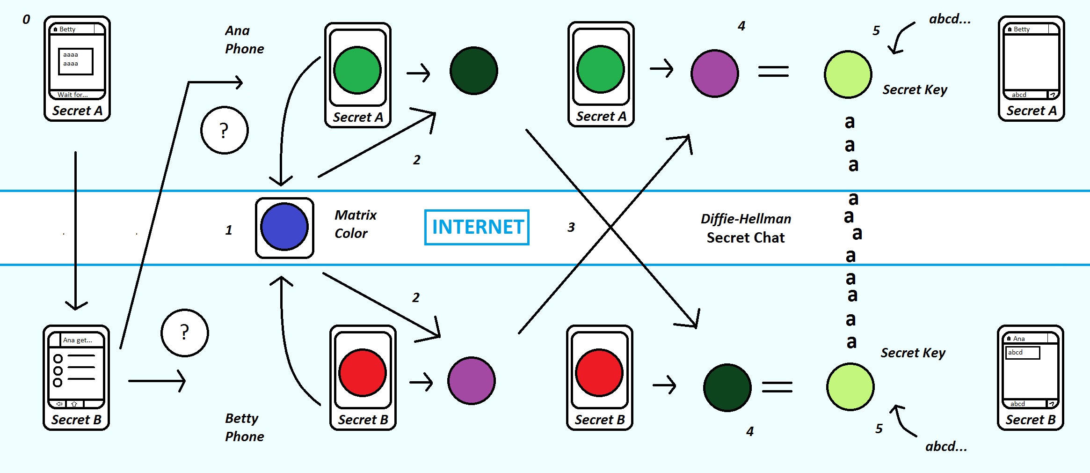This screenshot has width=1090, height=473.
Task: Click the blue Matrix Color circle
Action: pos(284,227)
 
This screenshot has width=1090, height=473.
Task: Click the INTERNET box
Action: pos(477,227)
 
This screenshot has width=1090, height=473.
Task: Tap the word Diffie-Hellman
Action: pos(746,219)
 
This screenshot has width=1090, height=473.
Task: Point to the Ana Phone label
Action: pos(244,40)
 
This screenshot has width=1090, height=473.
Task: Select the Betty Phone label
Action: pos(244,427)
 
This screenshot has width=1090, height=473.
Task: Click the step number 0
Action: pos(26,20)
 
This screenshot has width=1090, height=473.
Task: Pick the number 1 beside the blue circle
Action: pos(229,230)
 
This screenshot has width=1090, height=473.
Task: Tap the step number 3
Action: pos(571,227)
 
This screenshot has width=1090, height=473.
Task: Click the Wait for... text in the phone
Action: pos(73,95)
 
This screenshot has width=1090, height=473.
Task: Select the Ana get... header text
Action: pos(78,340)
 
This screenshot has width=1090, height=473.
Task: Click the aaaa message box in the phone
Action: pos(75,61)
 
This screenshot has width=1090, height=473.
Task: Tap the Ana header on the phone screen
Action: pos(1019,338)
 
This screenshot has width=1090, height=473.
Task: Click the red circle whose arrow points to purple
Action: pos(363,372)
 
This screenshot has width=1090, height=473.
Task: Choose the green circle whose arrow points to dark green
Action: pos(358,70)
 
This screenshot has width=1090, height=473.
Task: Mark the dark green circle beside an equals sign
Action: pos(727,387)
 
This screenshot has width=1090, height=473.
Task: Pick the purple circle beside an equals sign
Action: pos(714,74)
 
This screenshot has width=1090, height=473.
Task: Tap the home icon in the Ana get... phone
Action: pos(74,404)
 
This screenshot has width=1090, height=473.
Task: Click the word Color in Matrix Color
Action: pos(351,233)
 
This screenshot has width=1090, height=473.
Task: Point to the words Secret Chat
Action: pos(745,237)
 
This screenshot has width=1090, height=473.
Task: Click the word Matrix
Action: pos(356,215)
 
